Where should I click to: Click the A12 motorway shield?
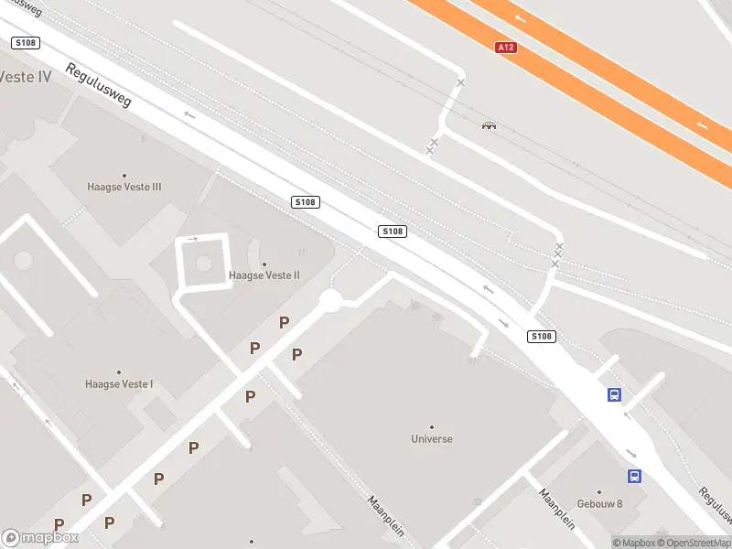point(507,47)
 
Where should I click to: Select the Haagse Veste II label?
point(264,274)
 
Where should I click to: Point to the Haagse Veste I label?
point(119,384)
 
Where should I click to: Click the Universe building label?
point(432,438)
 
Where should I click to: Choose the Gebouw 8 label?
point(600,504)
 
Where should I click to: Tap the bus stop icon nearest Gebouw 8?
point(634,476)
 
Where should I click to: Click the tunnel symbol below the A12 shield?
point(489,125)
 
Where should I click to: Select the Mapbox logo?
point(40,538)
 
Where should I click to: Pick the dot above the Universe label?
point(432,426)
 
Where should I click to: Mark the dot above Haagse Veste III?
point(124,175)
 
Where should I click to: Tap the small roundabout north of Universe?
point(330,300)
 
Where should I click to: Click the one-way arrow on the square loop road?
point(193,239)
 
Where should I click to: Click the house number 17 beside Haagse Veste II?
point(300,253)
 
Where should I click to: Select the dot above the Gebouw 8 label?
point(599,492)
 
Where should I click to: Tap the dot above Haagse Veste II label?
point(264,263)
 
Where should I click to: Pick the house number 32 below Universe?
point(477,501)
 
